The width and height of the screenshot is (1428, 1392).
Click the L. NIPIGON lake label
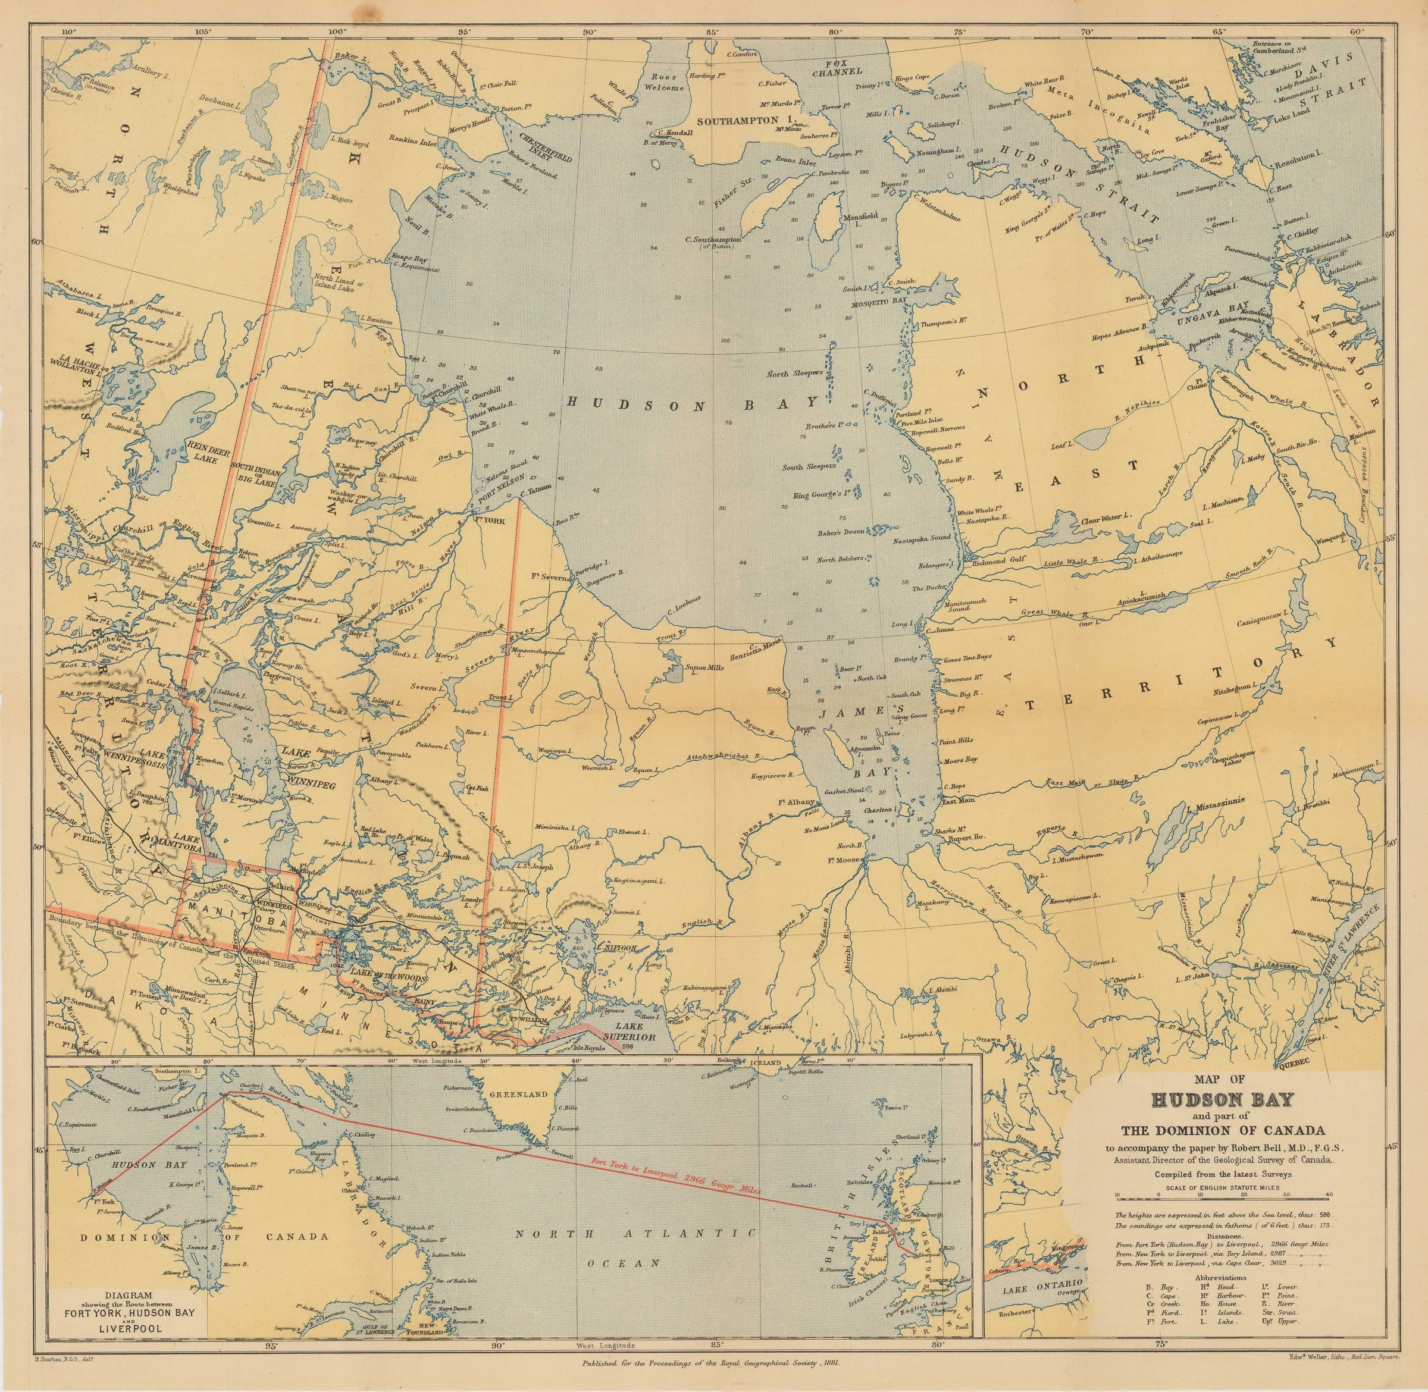[618, 947]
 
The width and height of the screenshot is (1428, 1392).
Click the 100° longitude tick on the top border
[339, 32]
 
